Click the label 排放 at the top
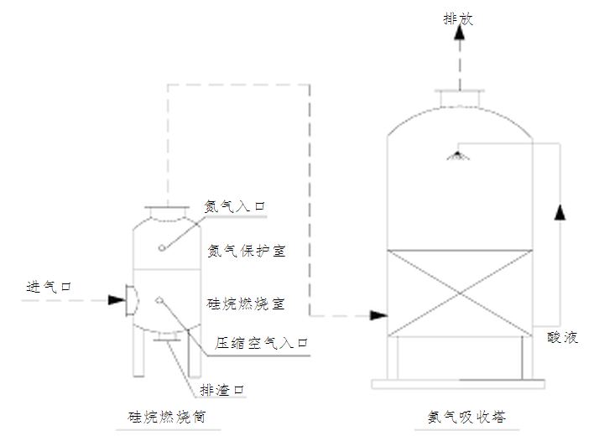click(458, 18)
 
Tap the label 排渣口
click(222, 390)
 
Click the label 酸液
click(562, 337)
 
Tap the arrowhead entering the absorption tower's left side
click(378, 315)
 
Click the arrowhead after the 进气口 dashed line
click(115, 299)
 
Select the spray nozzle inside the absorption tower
click(457, 155)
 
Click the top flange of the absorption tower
click(459, 95)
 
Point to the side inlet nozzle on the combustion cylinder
click(130, 300)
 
